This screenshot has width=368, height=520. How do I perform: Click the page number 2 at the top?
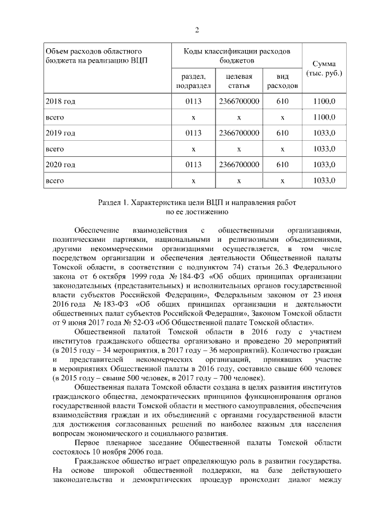(197, 30)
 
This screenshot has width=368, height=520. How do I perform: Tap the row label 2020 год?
(60, 165)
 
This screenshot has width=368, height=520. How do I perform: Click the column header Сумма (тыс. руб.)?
(324, 68)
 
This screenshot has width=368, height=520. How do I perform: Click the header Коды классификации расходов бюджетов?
(237, 55)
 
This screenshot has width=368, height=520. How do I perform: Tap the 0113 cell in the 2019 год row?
(194, 133)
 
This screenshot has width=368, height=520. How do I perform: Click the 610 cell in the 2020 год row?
(282, 165)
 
